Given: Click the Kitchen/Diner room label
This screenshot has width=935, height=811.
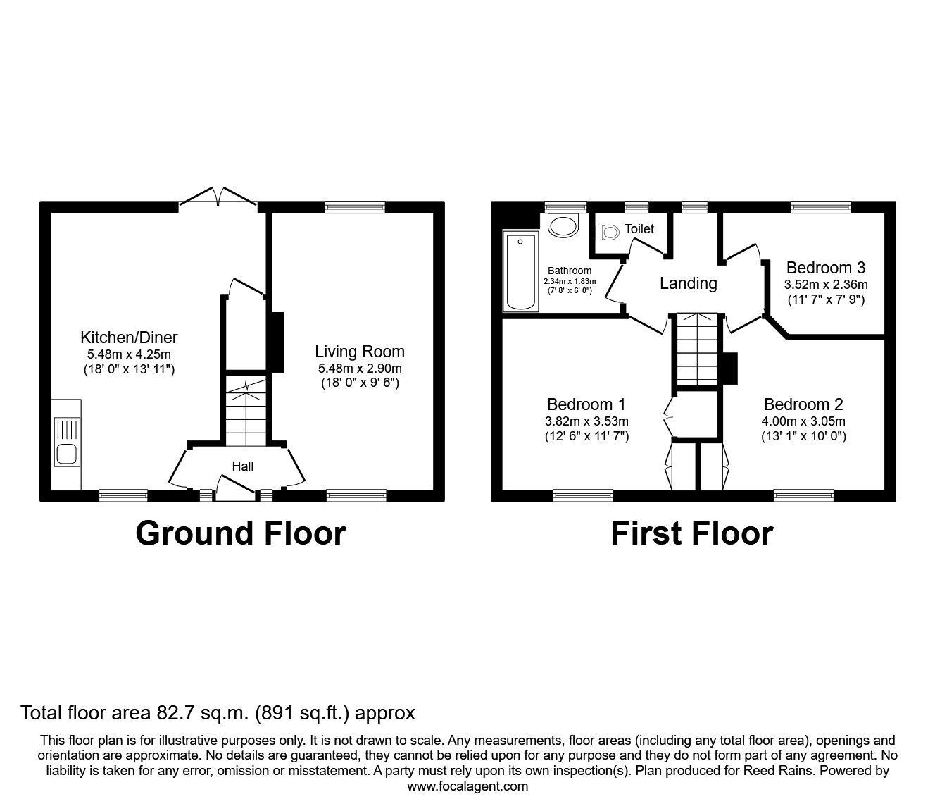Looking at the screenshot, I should point(129,337).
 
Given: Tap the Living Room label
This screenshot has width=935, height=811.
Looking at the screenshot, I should point(360,351).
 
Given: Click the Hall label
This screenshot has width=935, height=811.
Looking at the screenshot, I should point(243,466).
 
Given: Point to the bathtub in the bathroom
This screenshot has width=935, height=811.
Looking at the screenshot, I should point(521,272).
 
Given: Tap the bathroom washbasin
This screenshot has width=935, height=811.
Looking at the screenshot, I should point(563,225).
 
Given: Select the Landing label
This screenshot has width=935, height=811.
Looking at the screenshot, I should point(688,283).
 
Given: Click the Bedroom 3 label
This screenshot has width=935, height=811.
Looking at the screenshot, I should point(826,268).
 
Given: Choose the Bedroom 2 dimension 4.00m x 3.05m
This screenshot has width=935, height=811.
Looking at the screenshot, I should point(804,421).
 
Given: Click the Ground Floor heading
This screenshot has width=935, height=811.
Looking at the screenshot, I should point(240,533).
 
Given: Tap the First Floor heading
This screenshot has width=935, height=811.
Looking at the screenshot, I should point(691,533).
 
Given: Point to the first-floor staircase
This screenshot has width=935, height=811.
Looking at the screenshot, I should point(696,350).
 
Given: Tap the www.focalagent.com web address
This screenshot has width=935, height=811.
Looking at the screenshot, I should point(467,786).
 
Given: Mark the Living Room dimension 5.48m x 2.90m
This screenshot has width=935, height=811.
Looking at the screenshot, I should point(360,369).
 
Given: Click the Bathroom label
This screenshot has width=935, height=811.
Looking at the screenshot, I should point(570,271).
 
